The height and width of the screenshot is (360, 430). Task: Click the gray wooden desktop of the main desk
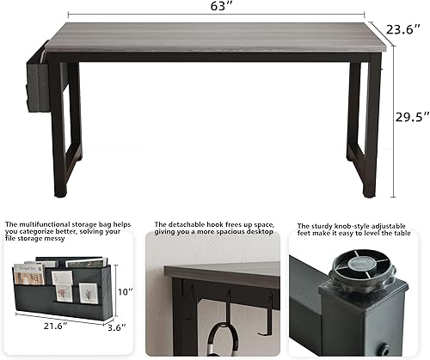[215, 38]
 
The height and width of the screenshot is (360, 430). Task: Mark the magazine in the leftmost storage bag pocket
[28, 274]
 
